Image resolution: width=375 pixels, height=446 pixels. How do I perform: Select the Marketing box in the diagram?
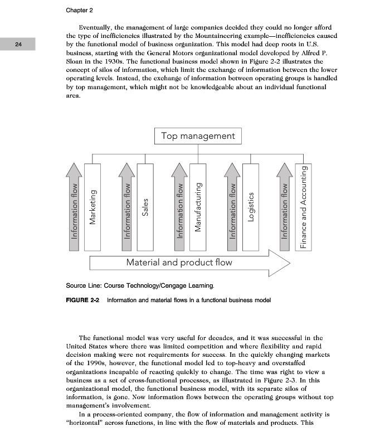tap(92, 207)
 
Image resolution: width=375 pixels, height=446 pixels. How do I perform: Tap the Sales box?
tap(145, 207)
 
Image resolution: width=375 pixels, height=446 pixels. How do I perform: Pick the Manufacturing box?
tap(198, 207)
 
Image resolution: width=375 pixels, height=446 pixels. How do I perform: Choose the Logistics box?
tap(251, 207)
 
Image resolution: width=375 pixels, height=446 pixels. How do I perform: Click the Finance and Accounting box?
tap(304, 207)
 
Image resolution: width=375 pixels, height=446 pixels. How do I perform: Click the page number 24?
tap(18, 44)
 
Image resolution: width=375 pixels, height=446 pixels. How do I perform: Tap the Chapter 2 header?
tap(79, 10)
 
